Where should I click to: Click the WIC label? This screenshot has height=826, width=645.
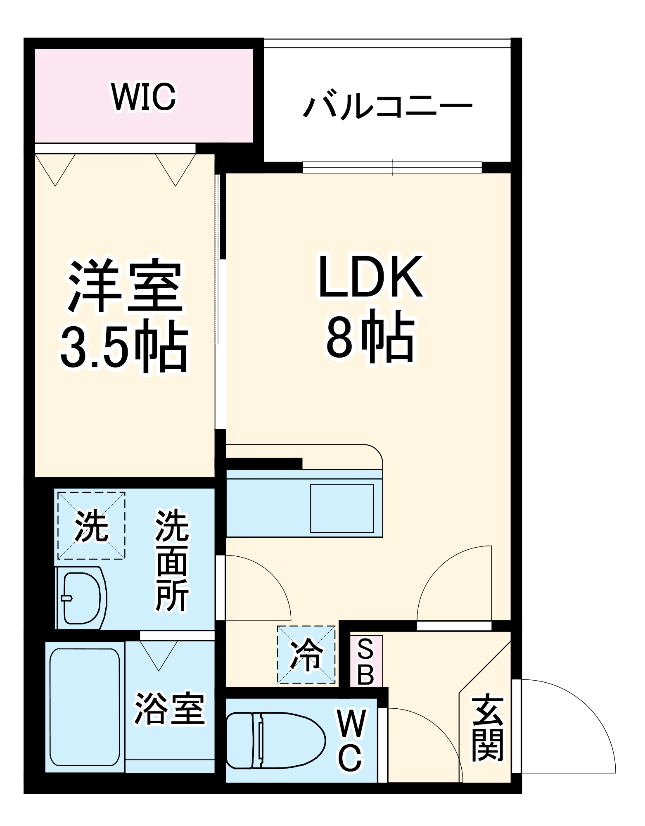pos(143,97)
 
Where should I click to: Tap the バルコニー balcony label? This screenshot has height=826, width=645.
pos(387,106)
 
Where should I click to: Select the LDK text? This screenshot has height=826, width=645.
pos(370,276)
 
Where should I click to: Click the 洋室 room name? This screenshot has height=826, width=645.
pos(125,286)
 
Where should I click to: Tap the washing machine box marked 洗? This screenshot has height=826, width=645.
pos(91,526)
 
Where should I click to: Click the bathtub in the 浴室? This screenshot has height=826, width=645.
pos(85,707)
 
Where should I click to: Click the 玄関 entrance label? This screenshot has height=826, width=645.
pos(487,729)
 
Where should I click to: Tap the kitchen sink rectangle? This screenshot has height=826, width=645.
pos(342,508)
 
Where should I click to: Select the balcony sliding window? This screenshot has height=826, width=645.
pos(392,167)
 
